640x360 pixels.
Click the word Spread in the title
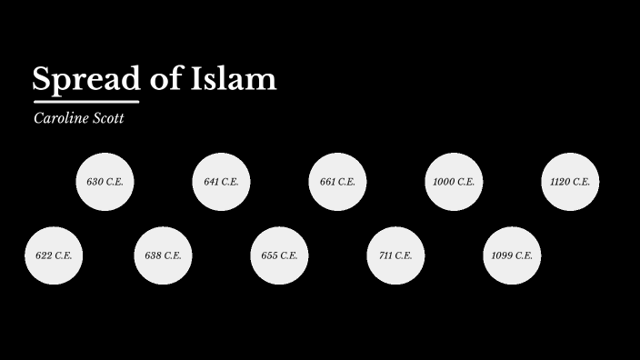coord(86,80)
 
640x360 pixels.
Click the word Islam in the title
coord(234,79)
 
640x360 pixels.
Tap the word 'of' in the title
coord(165,79)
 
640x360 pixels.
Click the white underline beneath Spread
coord(86,101)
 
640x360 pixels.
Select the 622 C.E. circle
coord(54,255)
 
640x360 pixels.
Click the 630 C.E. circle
coord(105,182)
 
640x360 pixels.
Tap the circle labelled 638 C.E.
coord(163,255)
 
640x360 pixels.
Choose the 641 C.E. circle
coord(221,182)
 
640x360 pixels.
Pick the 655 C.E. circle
coord(279,255)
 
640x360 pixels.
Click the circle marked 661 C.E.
coord(337,182)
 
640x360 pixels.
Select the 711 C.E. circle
coord(395,255)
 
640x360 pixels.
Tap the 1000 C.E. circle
coord(454,182)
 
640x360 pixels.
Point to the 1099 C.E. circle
coord(512,255)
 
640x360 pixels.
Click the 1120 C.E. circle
coord(570,182)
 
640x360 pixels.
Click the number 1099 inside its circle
coord(502,255)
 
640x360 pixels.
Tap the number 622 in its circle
coord(44,255)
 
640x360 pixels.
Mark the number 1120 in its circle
coord(560,182)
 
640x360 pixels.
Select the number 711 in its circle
coord(385,255)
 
